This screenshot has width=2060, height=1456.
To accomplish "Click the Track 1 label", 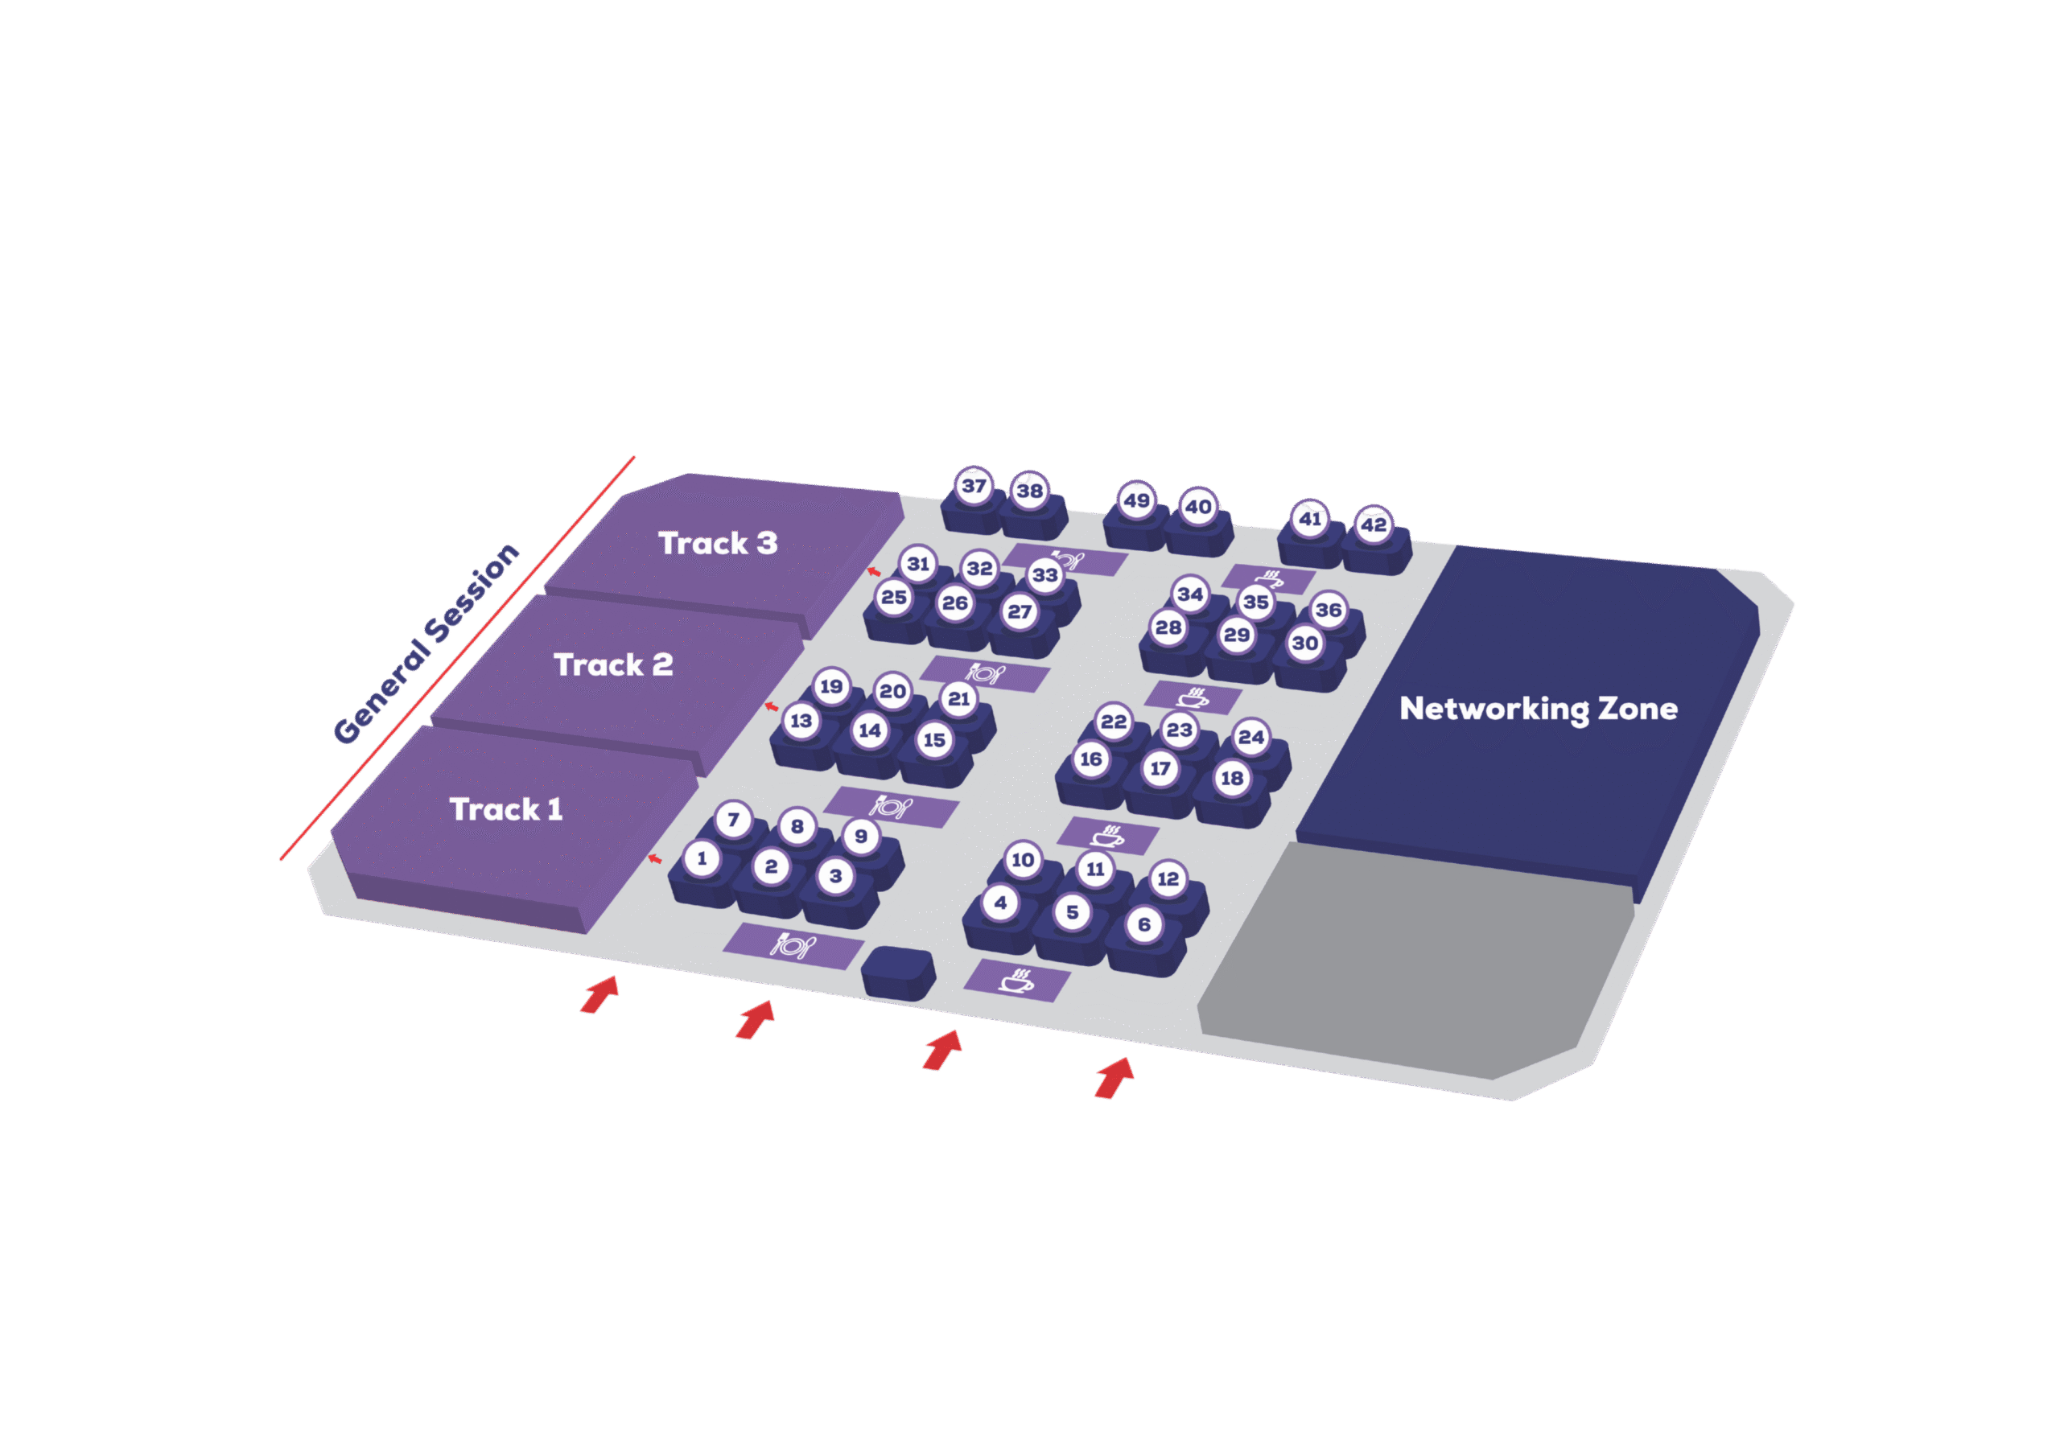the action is [506, 809].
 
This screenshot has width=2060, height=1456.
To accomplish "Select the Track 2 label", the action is [613, 664].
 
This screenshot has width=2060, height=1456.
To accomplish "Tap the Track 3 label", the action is [718, 543].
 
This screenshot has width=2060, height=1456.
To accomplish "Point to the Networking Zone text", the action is [1538, 709].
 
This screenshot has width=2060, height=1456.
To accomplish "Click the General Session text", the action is [426, 644].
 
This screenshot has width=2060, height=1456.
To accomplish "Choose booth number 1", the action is [702, 858].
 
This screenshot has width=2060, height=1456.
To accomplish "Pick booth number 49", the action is [1137, 500].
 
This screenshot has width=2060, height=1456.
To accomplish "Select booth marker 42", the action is [1374, 524].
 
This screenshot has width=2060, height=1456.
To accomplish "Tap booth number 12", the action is [1168, 879].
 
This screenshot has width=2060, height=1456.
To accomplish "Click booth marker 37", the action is [974, 486].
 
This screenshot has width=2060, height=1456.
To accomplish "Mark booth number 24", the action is [1250, 738].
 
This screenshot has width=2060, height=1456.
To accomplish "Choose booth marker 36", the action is [1328, 610].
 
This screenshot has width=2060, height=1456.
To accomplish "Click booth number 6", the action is [1144, 925].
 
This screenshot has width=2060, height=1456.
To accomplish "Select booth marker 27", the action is [1020, 612].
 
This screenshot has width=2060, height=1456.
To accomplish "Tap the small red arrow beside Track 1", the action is [655, 859].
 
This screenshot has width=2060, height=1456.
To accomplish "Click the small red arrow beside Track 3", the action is [873, 571].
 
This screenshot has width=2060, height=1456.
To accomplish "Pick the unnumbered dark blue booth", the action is [898, 973].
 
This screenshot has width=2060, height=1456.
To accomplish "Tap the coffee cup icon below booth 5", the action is [1016, 981].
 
